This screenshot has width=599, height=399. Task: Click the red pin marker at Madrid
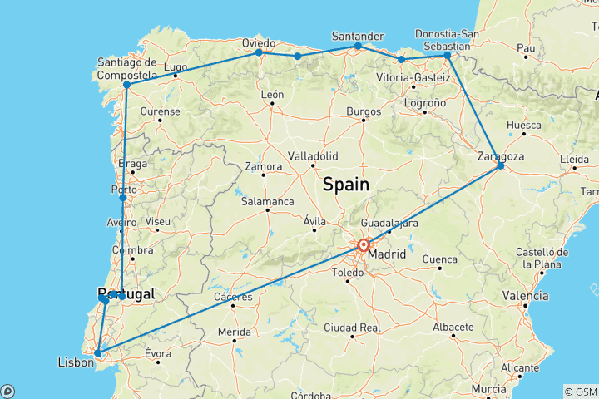(x=364, y=245)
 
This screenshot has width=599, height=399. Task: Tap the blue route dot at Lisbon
(x=98, y=353)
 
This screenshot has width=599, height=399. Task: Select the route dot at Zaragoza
(x=500, y=166)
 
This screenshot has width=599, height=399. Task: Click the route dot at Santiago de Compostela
(x=126, y=85)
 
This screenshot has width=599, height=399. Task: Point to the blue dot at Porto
(x=122, y=197)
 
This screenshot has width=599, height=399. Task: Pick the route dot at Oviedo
(x=259, y=52)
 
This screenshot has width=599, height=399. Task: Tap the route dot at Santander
(x=358, y=46)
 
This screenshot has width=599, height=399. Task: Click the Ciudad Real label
(x=354, y=328)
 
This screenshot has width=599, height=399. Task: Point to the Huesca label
(x=524, y=126)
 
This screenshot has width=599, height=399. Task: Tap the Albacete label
(x=453, y=328)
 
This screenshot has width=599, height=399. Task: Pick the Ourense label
(x=161, y=111)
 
